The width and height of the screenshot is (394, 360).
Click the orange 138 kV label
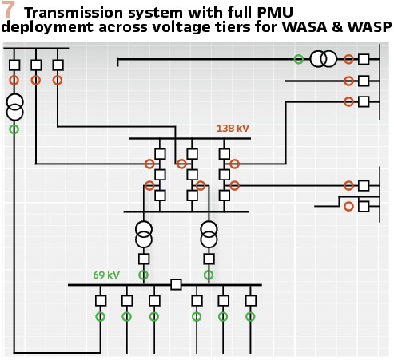(233, 129)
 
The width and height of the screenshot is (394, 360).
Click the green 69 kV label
(106, 275)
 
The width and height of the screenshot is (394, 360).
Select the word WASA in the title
(304, 26)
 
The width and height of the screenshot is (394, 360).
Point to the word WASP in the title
(370, 26)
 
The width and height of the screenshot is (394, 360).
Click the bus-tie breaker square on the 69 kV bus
(176, 284)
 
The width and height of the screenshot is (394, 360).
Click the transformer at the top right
(324, 59)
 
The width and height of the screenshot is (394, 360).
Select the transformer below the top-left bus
(14, 107)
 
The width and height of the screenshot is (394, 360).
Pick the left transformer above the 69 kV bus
(144, 235)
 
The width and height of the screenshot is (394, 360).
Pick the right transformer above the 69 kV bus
(209, 235)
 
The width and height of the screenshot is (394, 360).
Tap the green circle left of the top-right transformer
(299, 59)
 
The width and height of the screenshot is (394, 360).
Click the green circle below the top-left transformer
(14, 129)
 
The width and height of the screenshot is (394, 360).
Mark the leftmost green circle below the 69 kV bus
(101, 317)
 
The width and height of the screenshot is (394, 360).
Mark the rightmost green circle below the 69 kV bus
(250, 317)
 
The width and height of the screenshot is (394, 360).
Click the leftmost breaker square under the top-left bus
(14, 65)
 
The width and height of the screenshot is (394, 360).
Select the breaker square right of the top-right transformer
(364, 59)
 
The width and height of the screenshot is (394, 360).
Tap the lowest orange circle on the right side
(348, 206)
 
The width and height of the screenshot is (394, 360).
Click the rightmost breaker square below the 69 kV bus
(251, 301)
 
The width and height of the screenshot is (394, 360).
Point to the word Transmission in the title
(74, 12)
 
